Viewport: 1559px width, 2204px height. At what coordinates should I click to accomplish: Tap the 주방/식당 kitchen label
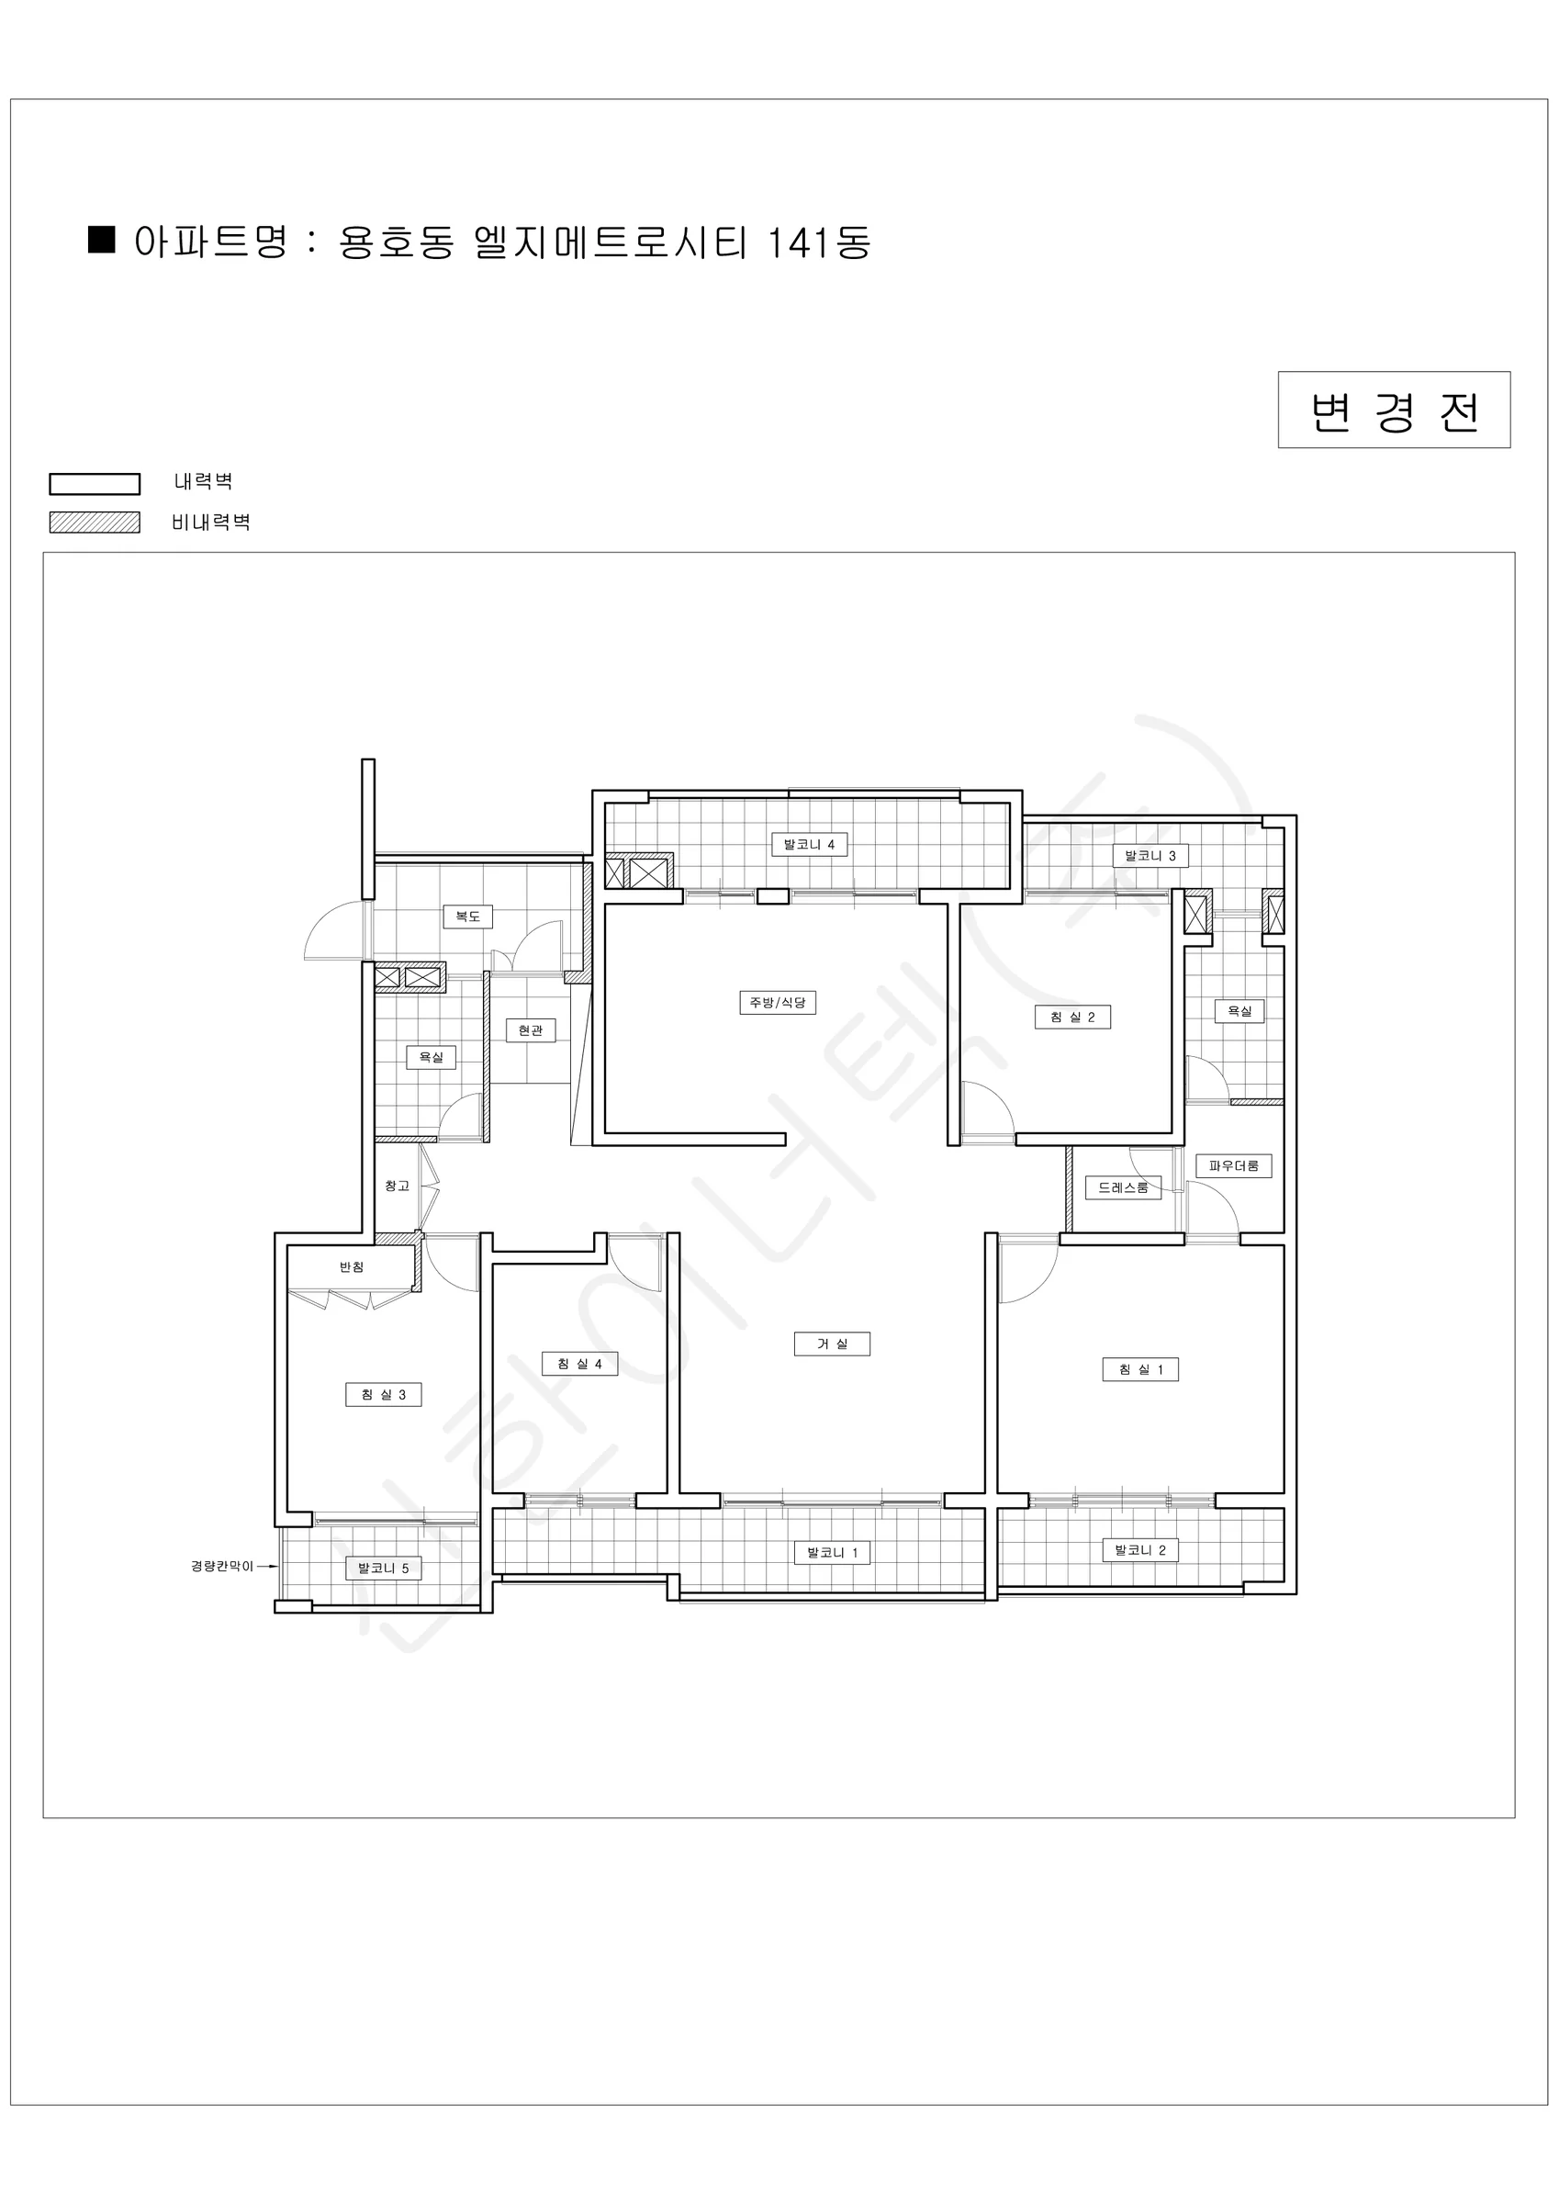pos(777,1003)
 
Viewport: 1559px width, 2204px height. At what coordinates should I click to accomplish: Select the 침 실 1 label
pos(1139,1370)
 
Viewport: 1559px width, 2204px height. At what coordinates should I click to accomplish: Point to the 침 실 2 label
pos(1072,1018)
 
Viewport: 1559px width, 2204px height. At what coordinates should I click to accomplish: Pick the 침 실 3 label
pos(383,1395)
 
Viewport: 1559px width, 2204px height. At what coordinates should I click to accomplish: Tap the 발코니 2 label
pos(1139,1550)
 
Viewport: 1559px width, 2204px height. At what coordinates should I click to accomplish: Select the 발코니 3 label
pos(1150,855)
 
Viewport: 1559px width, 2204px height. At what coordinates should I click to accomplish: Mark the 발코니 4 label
pos(809,845)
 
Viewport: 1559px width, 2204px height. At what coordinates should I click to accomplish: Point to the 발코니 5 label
pos(383,1569)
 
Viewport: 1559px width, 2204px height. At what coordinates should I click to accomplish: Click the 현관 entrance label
pos(530,1030)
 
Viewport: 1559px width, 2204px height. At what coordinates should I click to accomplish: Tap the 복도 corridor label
pos(467,916)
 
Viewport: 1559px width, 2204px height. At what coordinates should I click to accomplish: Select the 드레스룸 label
pos(1123,1187)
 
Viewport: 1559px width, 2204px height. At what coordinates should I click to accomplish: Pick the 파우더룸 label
pos(1234,1165)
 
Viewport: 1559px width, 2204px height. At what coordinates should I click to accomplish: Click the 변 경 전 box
pos(1394,410)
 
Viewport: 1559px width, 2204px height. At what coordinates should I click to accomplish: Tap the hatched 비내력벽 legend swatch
pos(95,523)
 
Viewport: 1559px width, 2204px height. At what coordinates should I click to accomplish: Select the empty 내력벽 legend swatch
pos(95,484)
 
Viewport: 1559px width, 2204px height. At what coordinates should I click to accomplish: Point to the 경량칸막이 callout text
pos(222,1566)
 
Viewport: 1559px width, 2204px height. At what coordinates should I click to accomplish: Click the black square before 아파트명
pos(102,239)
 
